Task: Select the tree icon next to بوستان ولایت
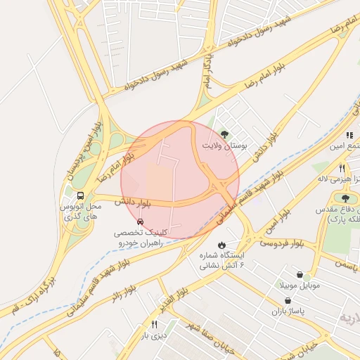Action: tap(224, 134)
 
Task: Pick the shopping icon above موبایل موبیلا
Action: tap(301, 275)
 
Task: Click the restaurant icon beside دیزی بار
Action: tap(154, 324)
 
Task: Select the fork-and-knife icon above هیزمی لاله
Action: tap(342, 168)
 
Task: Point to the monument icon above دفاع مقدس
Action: tap(345, 199)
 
